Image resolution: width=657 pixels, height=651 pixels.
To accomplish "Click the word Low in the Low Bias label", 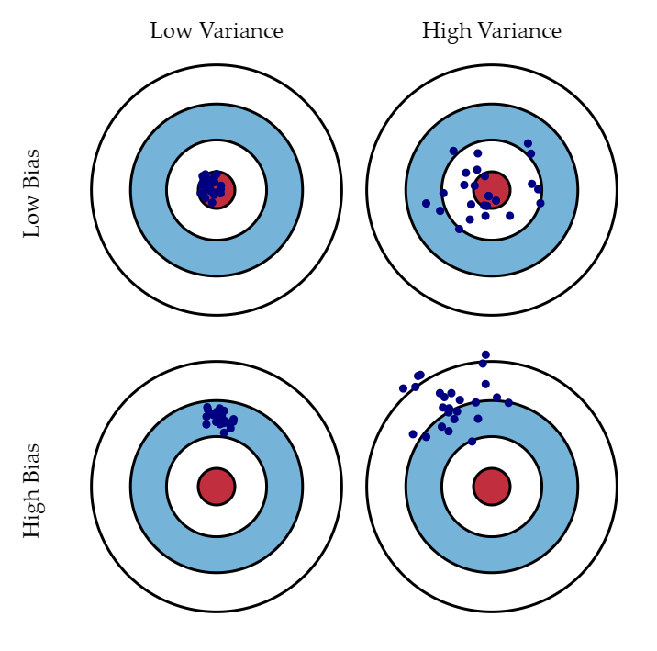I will click(x=32, y=218).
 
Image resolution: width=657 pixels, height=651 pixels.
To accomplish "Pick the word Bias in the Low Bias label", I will click(x=32, y=168).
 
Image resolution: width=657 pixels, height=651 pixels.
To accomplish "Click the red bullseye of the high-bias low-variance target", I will click(x=217, y=486).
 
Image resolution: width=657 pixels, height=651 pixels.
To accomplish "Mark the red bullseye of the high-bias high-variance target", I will click(x=492, y=486).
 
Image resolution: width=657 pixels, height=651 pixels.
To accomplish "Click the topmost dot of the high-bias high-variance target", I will click(x=485, y=354).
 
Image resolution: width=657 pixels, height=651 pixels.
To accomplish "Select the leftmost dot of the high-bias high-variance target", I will click(x=403, y=388).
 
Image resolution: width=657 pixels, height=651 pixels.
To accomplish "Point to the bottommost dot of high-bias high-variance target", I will click(x=472, y=442).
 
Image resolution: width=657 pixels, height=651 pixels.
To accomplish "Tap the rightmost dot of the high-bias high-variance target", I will click(x=508, y=403).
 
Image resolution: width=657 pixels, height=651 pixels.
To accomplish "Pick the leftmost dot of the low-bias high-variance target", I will click(x=426, y=204).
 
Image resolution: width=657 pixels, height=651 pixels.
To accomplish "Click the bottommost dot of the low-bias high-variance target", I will click(x=459, y=229).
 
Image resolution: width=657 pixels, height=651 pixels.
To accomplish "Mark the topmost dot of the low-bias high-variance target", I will click(x=528, y=143).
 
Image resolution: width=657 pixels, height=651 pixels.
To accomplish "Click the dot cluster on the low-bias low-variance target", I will click(x=210, y=187).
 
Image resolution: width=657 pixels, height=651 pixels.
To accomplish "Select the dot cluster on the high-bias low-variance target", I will click(x=219, y=417).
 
